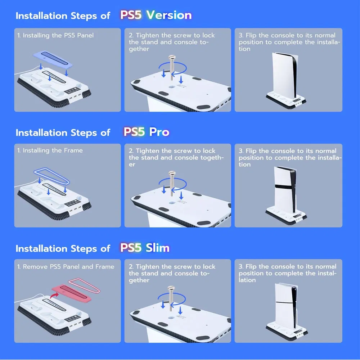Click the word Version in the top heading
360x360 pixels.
pos(169,15)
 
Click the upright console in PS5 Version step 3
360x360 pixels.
pos(285,73)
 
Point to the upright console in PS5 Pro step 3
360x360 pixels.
pos(285,189)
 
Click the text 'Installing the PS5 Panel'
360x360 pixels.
pos(55,35)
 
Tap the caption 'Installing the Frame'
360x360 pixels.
pos(53,150)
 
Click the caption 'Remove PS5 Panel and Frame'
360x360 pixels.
pos(68,267)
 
